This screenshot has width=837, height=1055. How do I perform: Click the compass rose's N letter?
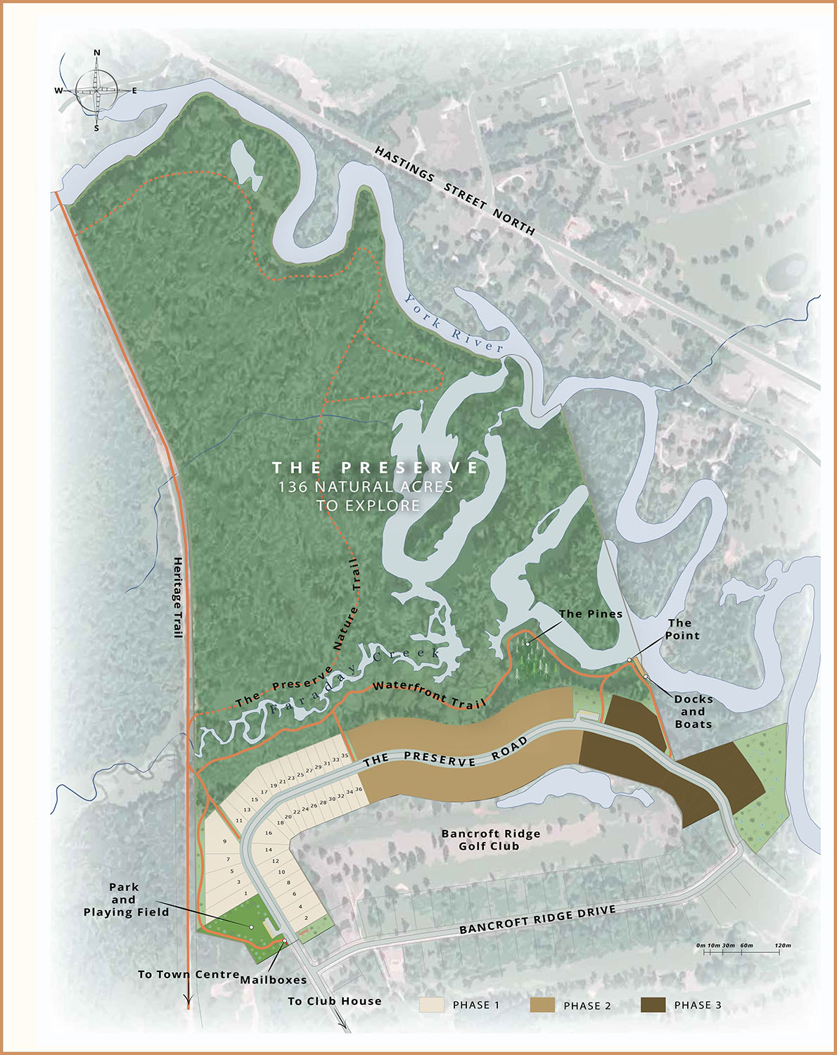(97, 53)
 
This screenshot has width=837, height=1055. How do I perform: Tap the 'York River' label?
(454, 323)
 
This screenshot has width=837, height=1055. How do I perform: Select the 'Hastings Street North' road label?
(454, 191)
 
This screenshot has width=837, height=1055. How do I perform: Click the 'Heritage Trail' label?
(178, 597)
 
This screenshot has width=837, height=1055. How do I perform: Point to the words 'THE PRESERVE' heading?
(376, 468)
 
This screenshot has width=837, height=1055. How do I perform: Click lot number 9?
(225, 841)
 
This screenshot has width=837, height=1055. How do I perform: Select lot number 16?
(268, 833)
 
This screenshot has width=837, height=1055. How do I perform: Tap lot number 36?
(359, 789)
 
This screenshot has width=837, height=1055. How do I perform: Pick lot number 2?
(306, 919)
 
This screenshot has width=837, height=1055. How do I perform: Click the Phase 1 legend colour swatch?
(431, 1004)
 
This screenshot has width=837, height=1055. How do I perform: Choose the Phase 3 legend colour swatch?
(653, 1004)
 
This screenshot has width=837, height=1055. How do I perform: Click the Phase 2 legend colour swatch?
(542, 1004)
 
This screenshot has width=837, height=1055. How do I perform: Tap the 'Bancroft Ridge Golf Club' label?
(490, 840)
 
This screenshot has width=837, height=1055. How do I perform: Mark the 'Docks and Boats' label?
(693, 711)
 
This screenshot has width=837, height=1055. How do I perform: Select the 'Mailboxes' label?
(273, 980)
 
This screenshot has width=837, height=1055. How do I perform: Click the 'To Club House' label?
(334, 1001)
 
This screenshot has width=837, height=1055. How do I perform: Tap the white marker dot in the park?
(251, 927)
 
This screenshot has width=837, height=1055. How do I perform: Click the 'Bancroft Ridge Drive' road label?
(537, 920)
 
